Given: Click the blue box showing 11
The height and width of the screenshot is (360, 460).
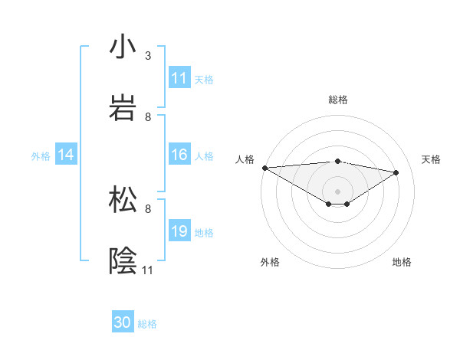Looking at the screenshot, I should [179, 78].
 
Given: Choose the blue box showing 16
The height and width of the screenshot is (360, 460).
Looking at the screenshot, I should [179, 155].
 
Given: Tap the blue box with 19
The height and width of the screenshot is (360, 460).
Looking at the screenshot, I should [179, 231].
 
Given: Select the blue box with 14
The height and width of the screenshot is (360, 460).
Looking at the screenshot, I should [66, 155].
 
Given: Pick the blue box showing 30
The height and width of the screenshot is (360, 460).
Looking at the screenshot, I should [123, 322].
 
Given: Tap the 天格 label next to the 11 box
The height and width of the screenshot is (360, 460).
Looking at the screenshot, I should [204, 79].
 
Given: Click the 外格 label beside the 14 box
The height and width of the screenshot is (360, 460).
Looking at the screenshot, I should [41, 155].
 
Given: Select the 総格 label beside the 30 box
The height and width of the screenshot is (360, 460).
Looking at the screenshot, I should [147, 323].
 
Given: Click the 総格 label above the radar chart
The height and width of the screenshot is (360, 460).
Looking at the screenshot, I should [338, 100].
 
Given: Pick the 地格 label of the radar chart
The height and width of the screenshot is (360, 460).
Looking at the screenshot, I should [402, 262].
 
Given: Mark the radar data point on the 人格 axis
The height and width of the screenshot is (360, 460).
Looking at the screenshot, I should [264, 168].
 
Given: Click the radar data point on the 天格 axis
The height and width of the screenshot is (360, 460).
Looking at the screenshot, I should [396, 172].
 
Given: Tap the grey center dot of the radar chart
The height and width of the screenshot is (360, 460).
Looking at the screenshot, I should [337, 191].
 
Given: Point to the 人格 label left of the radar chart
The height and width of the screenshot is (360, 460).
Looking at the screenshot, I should [245, 159].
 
